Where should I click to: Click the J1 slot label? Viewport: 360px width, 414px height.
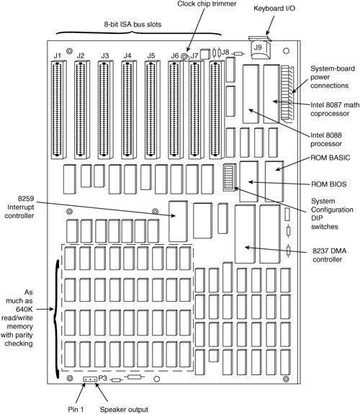coord(58,56)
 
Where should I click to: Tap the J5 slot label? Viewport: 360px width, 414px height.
coord(150,56)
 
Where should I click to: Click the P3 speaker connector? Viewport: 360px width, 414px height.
coord(90,379)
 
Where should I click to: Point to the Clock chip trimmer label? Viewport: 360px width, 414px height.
coord(207,4)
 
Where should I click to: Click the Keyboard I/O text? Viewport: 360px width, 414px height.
coord(274,9)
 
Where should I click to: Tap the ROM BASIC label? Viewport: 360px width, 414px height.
coord(330,158)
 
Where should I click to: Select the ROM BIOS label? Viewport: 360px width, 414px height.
coord(328,184)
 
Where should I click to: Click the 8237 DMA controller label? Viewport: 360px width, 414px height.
coord(329,255)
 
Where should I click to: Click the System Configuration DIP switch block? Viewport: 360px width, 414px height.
coord(229,177)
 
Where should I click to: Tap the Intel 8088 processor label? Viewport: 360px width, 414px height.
coord(326,140)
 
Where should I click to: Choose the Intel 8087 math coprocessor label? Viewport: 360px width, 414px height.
coord(335,109)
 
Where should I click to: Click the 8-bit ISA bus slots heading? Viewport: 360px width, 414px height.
coord(132,24)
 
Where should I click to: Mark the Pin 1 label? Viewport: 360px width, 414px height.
coord(76,410)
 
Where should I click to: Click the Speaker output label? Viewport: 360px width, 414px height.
coord(124,410)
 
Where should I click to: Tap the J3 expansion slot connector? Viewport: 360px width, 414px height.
coord(105,110)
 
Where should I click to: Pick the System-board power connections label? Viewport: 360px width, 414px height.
coord(333,77)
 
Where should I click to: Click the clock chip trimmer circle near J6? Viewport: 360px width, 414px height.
coord(184,57)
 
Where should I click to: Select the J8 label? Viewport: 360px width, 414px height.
coord(225,52)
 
